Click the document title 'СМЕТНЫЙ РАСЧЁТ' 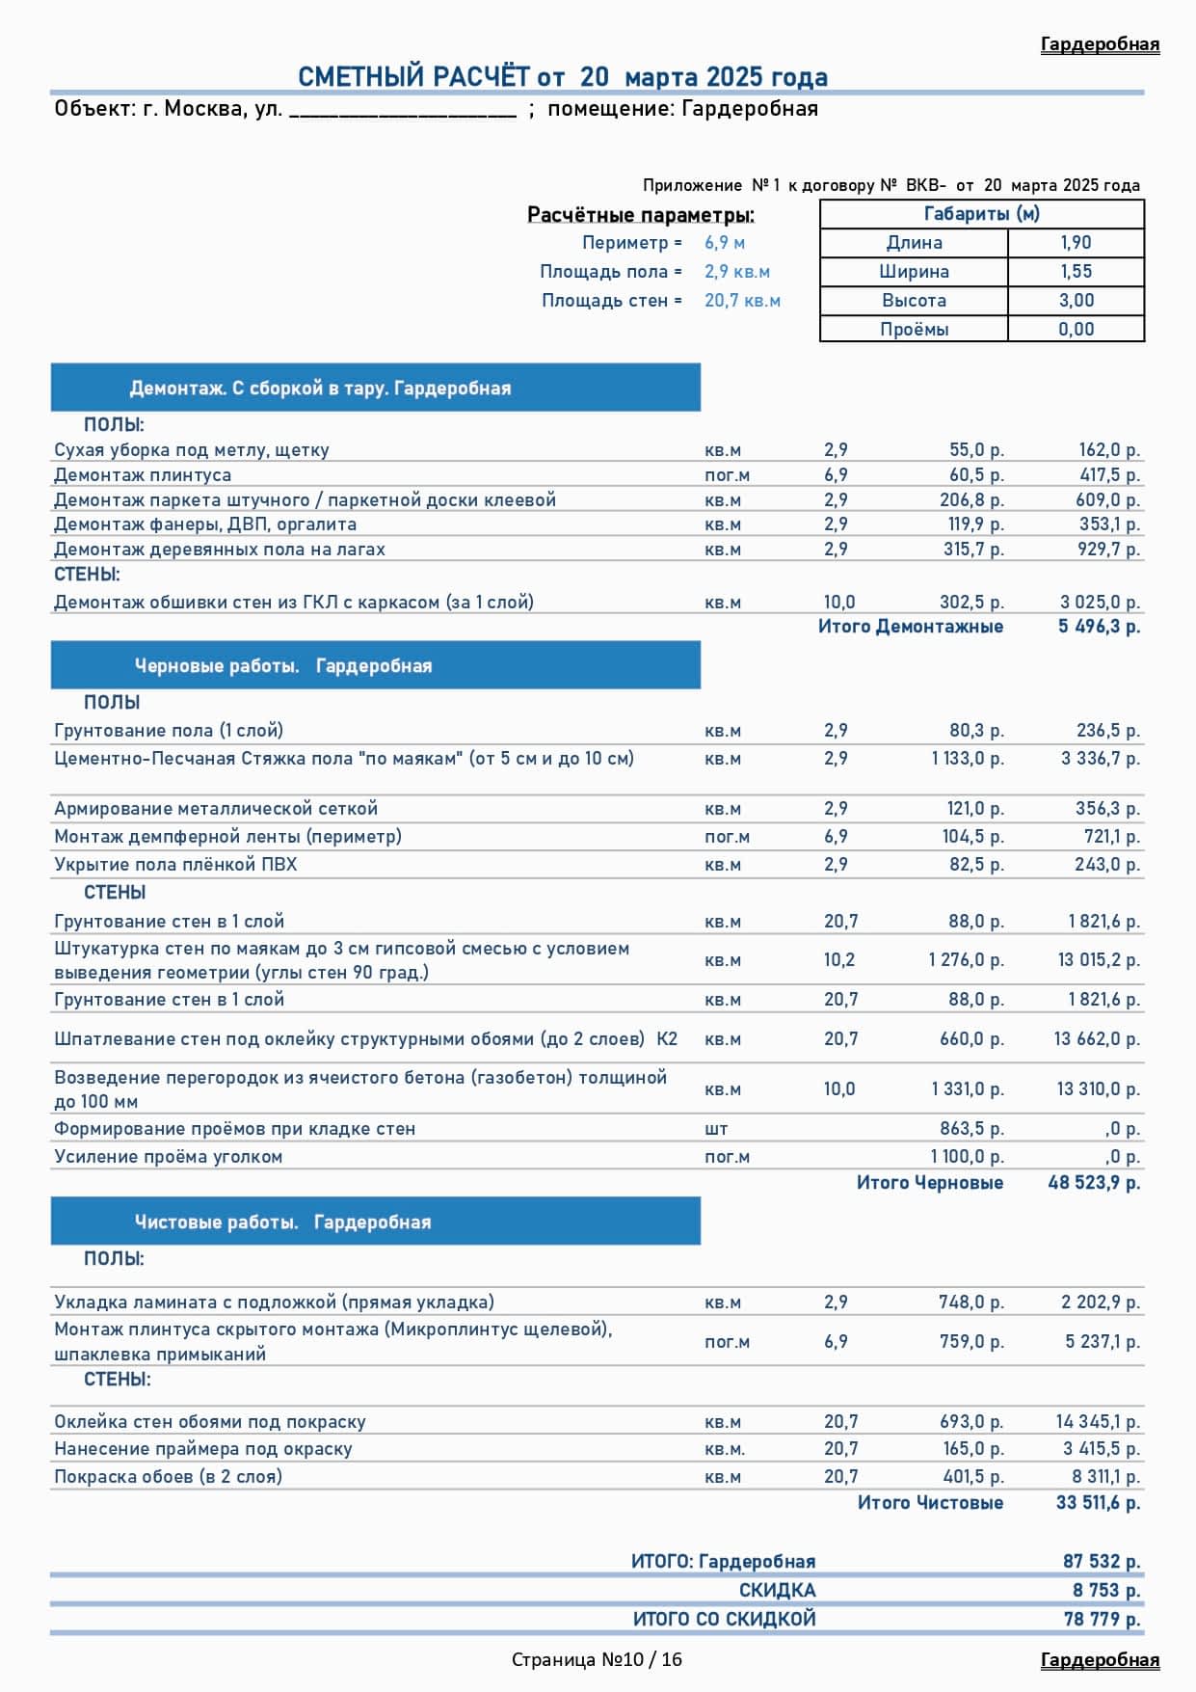click(x=413, y=77)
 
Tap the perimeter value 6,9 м click(x=724, y=243)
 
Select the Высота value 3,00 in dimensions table click(x=1076, y=301)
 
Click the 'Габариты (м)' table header click(x=981, y=214)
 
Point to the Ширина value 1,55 click(x=1076, y=272)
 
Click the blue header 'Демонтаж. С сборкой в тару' click(x=320, y=389)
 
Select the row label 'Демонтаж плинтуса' click(x=143, y=475)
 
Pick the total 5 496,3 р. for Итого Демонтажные click(x=1099, y=627)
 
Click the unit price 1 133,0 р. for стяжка click(x=967, y=759)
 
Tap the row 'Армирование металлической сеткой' click(x=216, y=809)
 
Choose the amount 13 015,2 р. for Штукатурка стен click(x=1099, y=960)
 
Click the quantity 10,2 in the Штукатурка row click(x=838, y=960)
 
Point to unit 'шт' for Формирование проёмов click(x=716, y=1129)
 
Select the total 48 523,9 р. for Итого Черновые click(x=1094, y=1183)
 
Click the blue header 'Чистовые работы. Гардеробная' click(x=282, y=1222)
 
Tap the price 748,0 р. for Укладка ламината click(x=970, y=1303)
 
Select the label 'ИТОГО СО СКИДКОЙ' click(x=724, y=1620)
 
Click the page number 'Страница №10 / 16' click(x=597, y=1659)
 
